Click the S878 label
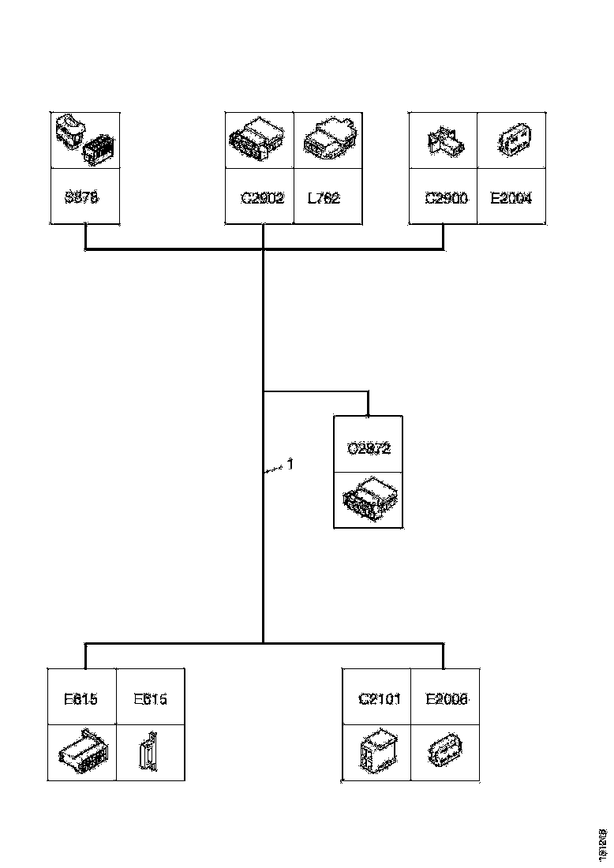click(x=82, y=197)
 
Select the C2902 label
click(x=262, y=197)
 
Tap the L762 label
click(x=324, y=197)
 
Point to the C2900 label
click(x=447, y=197)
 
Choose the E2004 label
click(x=511, y=197)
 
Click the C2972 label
click(x=369, y=448)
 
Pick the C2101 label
click(x=380, y=698)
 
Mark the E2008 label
click(x=447, y=698)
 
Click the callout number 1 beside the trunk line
click(x=290, y=465)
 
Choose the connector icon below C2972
click(x=368, y=499)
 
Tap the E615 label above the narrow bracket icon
click(x=150, y=698)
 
